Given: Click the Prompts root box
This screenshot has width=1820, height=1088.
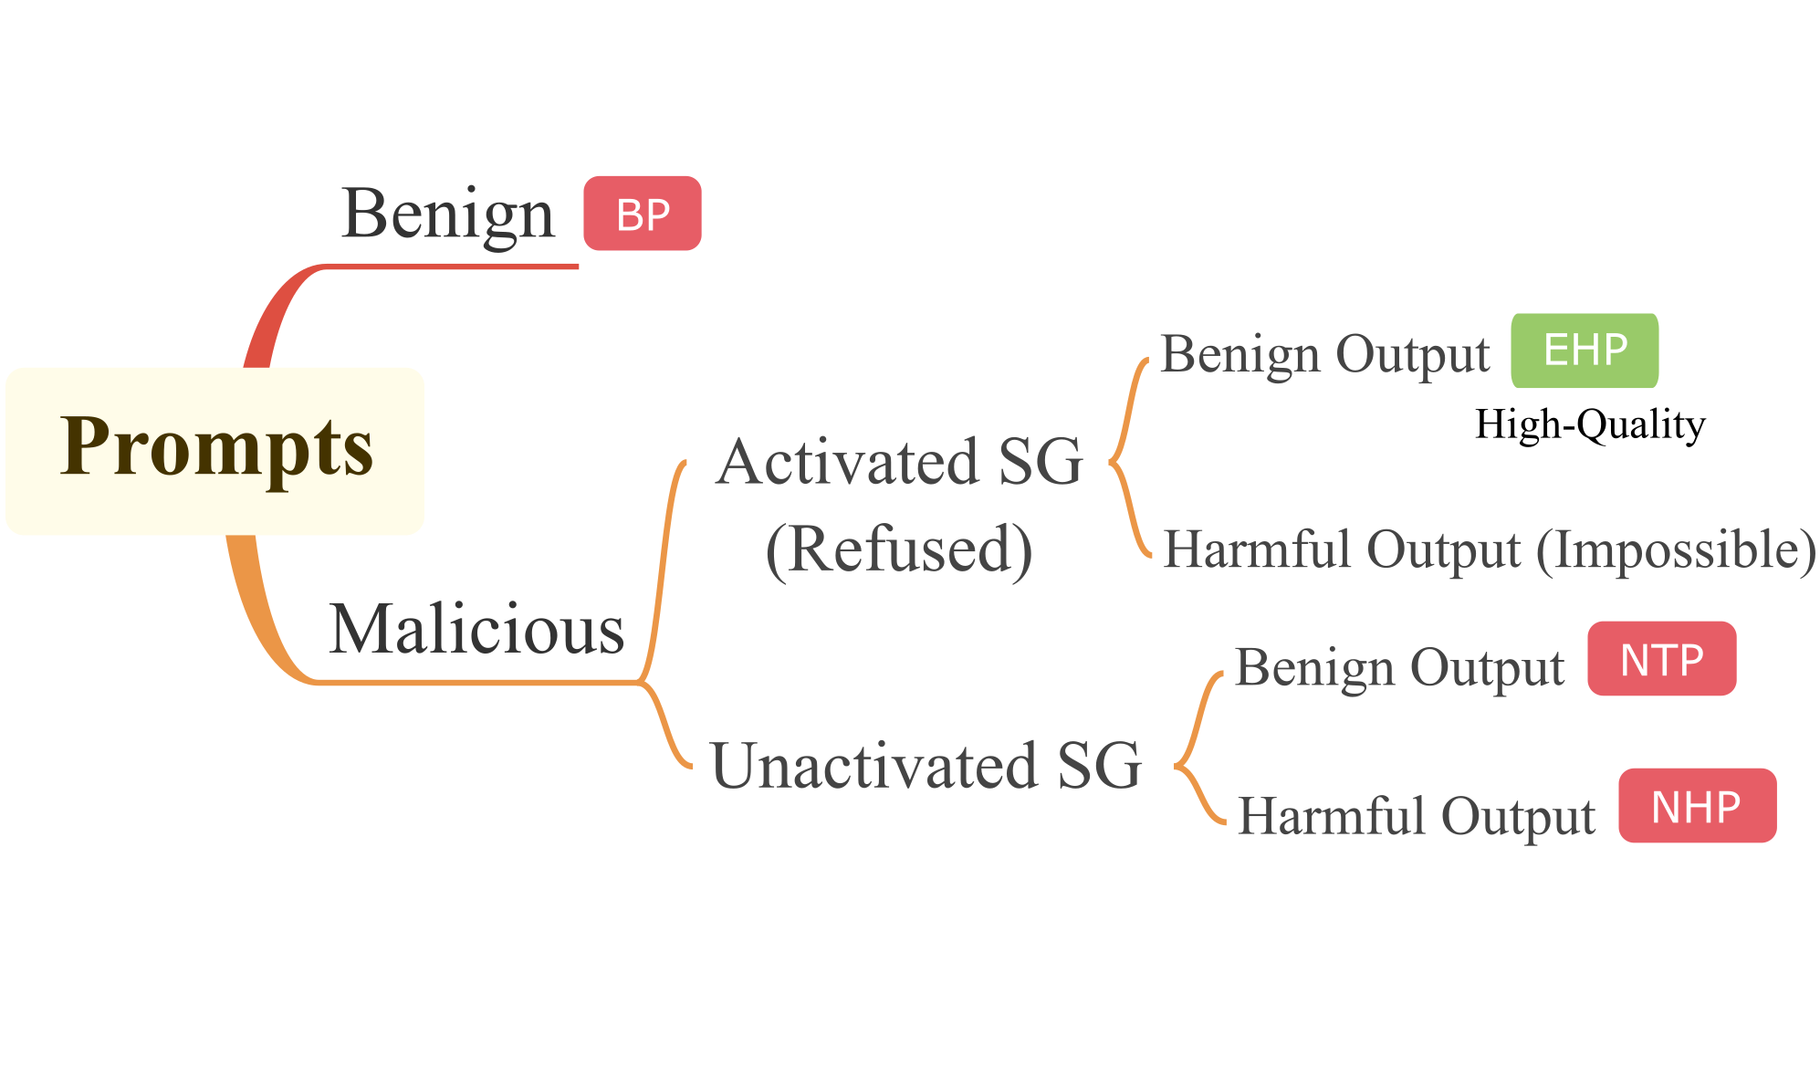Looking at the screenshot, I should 215,450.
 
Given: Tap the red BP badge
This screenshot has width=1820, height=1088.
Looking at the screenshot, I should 643,214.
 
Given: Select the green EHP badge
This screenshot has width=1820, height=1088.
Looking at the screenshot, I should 1585,350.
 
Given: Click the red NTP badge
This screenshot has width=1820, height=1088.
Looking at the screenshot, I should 1661,659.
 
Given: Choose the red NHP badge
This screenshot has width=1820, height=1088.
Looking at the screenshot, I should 1697,806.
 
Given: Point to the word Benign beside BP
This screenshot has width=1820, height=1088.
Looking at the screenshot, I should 447,215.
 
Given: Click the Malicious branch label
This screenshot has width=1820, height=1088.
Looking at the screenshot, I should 476,630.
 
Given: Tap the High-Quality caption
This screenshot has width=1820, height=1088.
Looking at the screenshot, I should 1590,425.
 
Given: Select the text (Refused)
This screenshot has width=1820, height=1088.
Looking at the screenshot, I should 899,549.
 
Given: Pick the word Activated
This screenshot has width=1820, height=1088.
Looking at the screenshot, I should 848,462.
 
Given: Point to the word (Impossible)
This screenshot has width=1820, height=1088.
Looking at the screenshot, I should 1676,549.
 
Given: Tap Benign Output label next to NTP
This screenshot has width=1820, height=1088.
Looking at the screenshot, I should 1399,667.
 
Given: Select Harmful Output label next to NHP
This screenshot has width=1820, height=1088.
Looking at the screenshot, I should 1416,815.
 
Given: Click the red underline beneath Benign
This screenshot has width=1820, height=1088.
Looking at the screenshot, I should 452,267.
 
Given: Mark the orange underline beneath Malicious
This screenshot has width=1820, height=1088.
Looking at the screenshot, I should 475,682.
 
